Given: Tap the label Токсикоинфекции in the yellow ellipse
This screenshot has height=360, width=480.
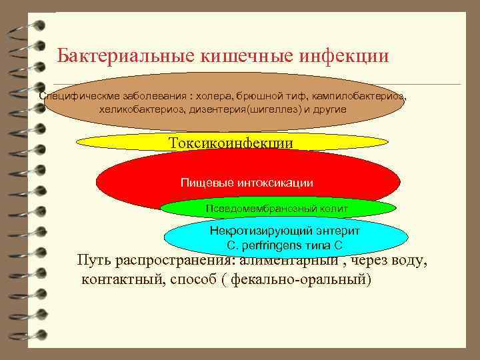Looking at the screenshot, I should (x=231, y=143).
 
